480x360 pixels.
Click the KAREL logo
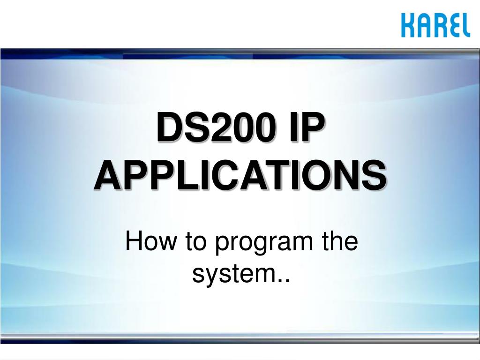click(435, 25)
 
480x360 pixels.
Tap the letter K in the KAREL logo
click(408, 25)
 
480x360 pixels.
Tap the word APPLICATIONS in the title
click(240, 175)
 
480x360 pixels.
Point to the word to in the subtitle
click(196, 242)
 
